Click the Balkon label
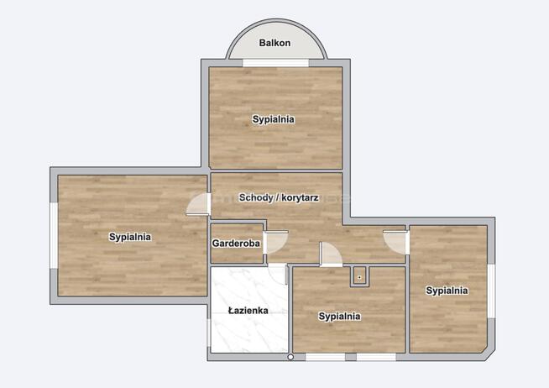point(274,42)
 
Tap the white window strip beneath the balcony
point(274,63)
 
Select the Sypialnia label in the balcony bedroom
point(273,119)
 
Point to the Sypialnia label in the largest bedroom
point(130,237)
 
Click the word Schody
point(255,198)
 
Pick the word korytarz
point(295,198)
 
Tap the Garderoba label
point(236,244)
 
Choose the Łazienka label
point(248,311)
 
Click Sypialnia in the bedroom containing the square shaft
point(339,317)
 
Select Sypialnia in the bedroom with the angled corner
point(447,291)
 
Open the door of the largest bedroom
point(198,204)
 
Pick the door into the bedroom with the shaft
point(330,254)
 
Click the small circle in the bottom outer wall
point(291,358)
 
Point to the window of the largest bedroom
point(54,237)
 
